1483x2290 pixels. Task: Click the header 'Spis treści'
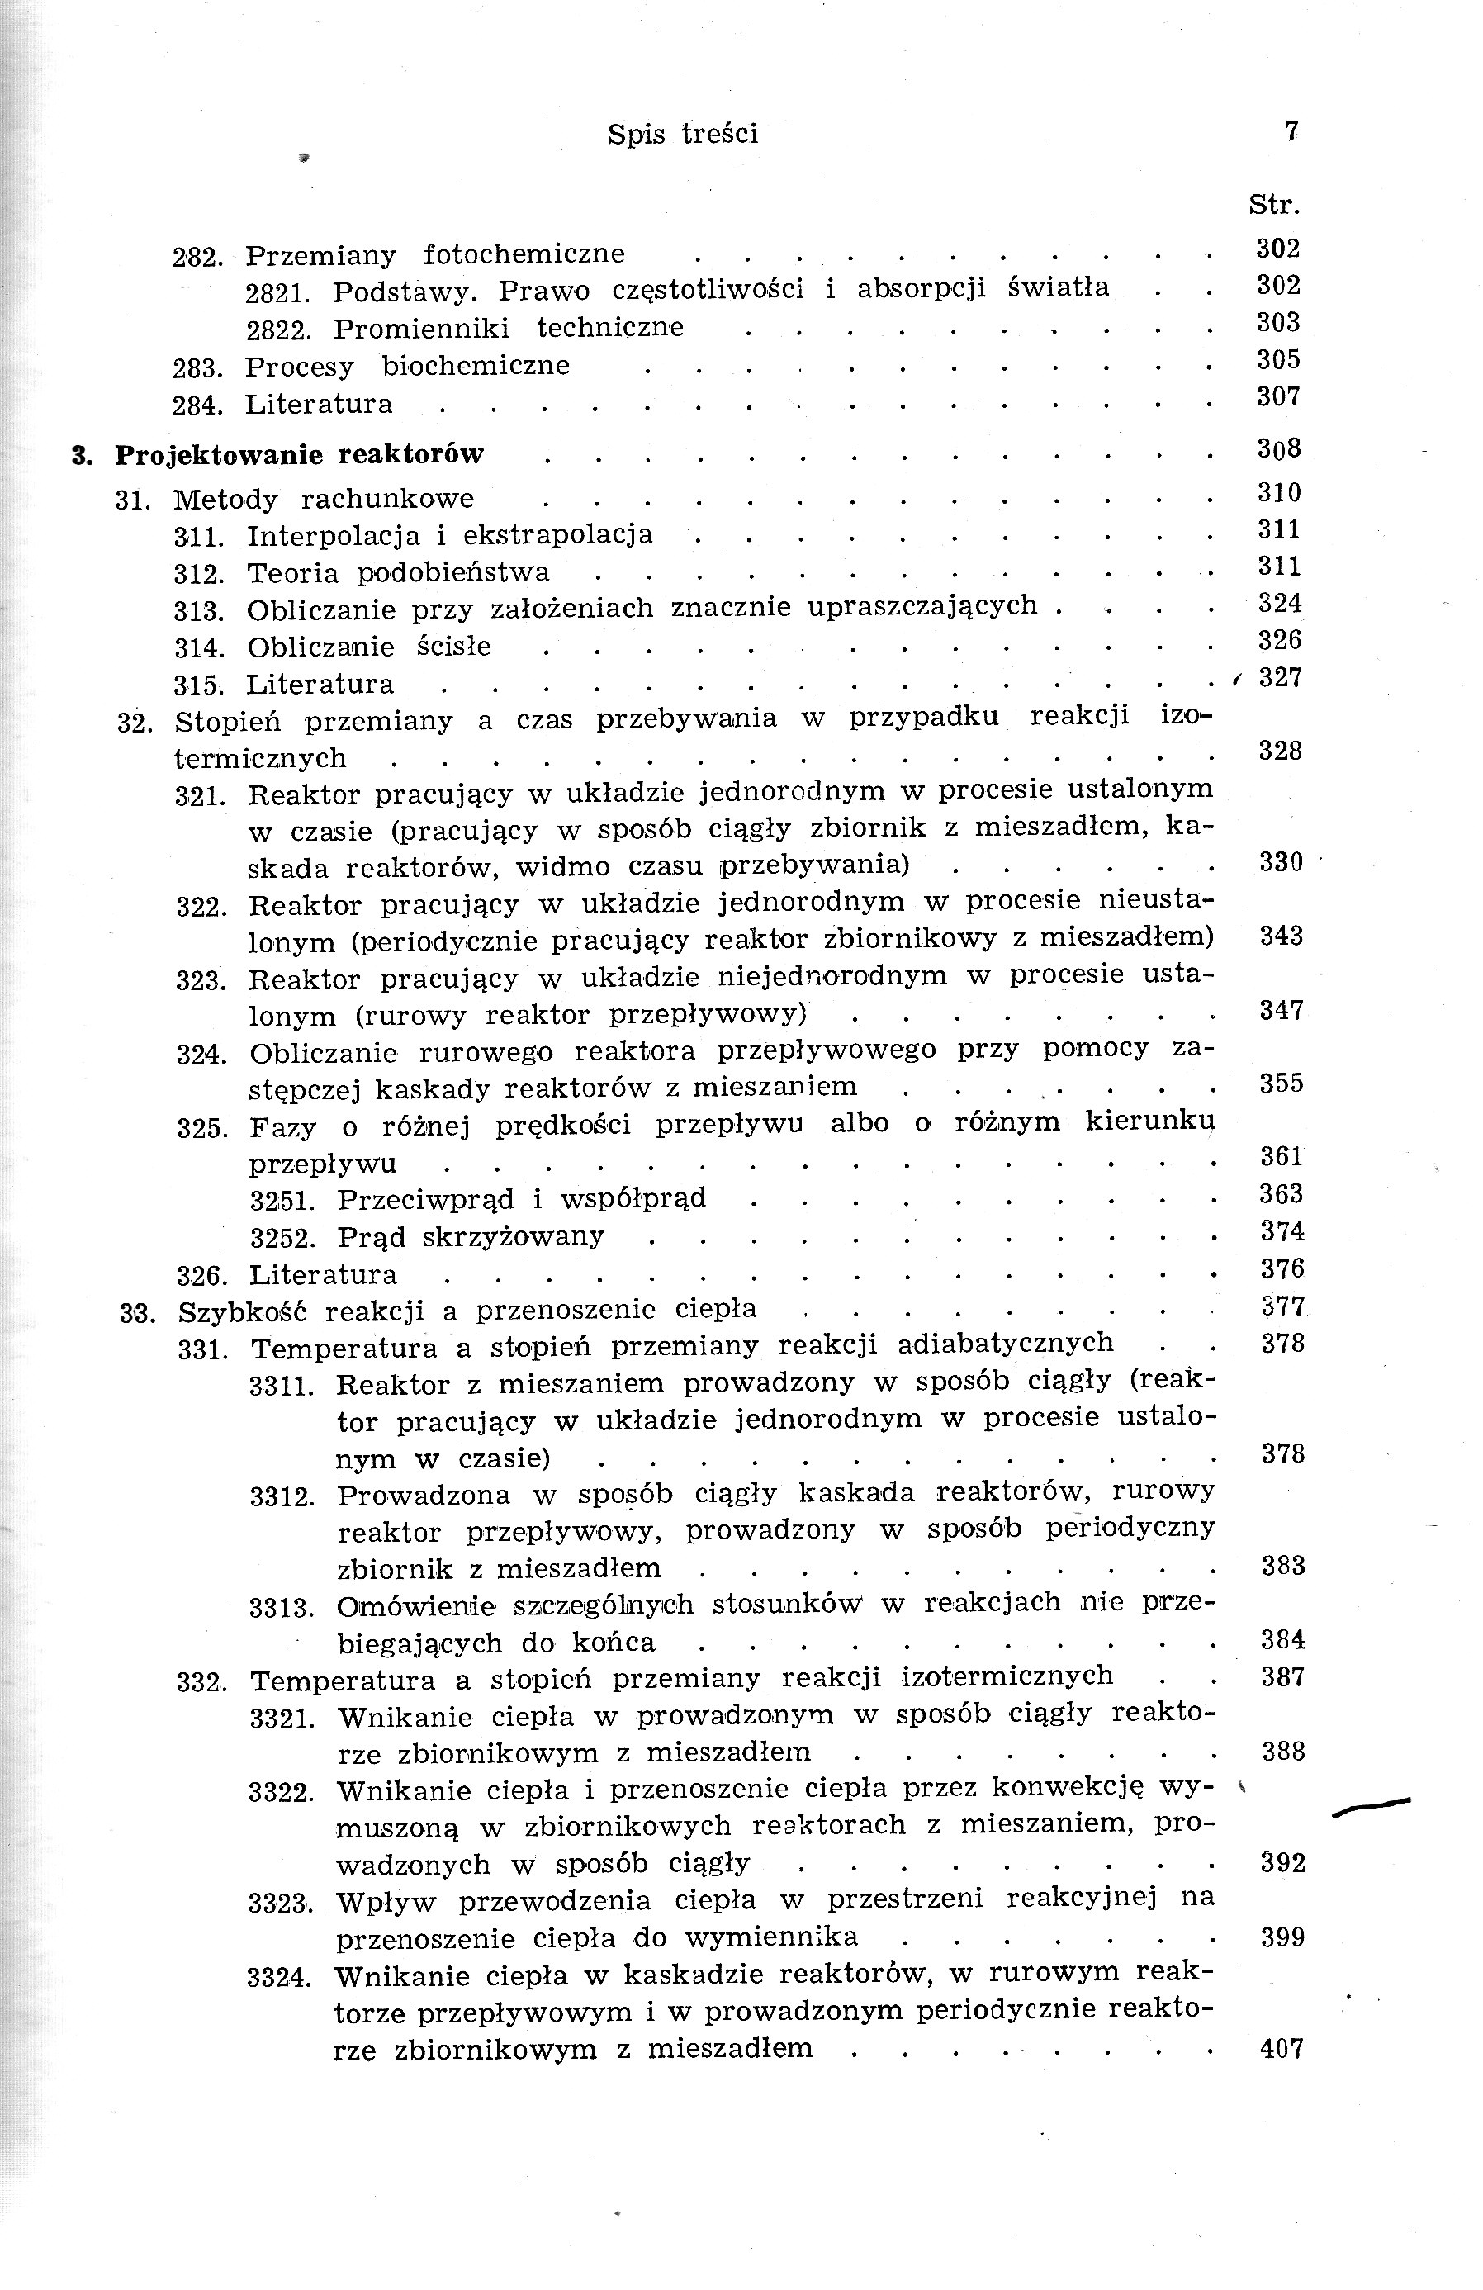click(681, 134)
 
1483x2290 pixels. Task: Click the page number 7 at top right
click(1291, 130)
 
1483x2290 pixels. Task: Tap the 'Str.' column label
click(1274, 205)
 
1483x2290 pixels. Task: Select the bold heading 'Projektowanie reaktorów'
click(299, 454)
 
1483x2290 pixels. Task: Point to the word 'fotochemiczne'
click(524, 255)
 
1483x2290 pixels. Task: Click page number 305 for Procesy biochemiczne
click(1278, 360)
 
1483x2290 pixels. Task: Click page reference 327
click(1280, 677)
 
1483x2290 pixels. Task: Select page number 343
click(1281, 936)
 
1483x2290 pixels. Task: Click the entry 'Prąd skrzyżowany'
click(471, 1236)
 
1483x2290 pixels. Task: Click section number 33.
click(138, 1312)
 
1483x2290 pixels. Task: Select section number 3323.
click(280, 1904)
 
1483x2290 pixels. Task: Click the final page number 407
click(1282, 2050)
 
